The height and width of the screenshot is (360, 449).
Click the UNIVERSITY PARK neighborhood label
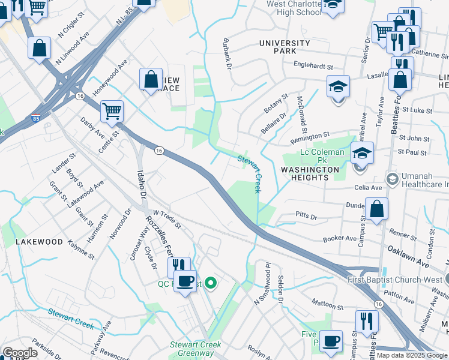coord(285,47)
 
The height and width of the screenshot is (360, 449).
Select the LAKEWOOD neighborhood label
coord(39,242)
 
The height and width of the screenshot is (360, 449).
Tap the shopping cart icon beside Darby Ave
coord(112,111)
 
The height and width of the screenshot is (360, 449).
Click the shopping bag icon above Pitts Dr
coord(376,210)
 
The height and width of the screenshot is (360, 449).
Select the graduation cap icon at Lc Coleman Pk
coord(362,154)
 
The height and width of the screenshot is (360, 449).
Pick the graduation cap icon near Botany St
coord(338,86)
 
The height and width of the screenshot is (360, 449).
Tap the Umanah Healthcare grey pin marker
coord(392,178)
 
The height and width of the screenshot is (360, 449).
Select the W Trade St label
coord(167,219)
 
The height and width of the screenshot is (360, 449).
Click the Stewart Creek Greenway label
coord(195,349)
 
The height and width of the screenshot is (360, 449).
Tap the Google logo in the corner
coord(20,353)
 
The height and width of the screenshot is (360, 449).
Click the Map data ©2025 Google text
coord(412,355)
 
